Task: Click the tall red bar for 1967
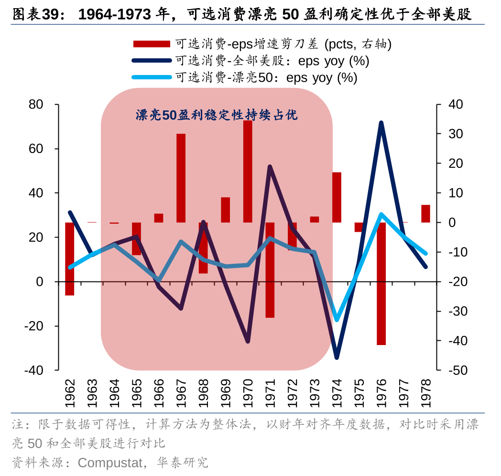tap(181, 178)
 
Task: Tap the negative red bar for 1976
tap(381, 283)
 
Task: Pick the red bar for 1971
tap(270, 270)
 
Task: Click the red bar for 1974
tap(337, 197)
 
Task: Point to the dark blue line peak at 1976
tap(381, 123)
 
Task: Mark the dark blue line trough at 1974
tap(337, 357)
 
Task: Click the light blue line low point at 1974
tap(337, 320)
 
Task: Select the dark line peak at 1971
tap(270, 167)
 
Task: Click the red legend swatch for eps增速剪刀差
tap(152, 44)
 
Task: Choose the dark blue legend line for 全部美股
tap(152, 61)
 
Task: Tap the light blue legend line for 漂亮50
tap(152, 77)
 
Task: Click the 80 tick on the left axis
tap(36, 104)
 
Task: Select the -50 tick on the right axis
tap(456, 370)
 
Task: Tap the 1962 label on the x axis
tap(70, 393)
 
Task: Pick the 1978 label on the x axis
tap(425, 393)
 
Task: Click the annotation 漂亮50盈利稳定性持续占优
tap(216, 115)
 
